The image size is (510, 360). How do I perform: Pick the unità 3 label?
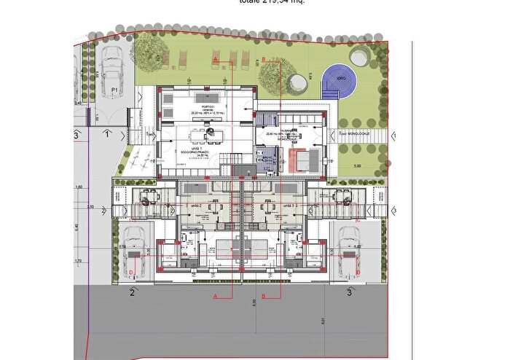[x=289, y=206]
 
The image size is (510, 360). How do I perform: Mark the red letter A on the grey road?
[x=216, y=297]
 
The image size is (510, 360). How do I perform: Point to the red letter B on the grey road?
[x=263, y=296]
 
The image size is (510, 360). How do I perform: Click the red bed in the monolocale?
[x=300, y=158]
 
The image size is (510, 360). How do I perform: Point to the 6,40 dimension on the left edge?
[x=75, y=227]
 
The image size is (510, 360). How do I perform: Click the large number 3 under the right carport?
[x=350, y=293]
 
